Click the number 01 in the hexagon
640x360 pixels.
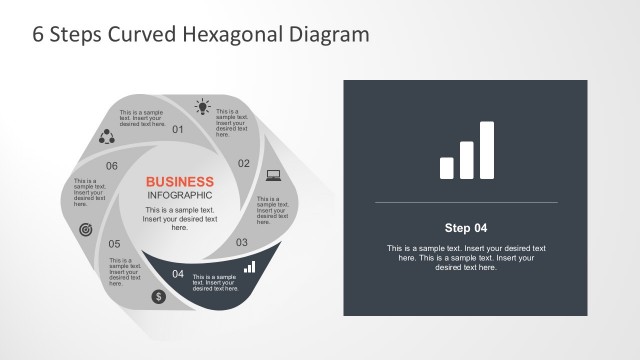pos(179,130)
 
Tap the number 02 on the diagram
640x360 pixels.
pos(243,163)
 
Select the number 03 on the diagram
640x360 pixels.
pos(241,242)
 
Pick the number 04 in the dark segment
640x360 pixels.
pos(178,274)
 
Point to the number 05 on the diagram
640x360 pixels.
pos(115,244)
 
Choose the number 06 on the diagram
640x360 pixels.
pos(112,166)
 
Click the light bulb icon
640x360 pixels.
pos(204,107)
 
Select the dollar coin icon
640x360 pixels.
pos(158,296)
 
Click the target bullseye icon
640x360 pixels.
pos(85,229)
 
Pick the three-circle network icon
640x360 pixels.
pos(105,137)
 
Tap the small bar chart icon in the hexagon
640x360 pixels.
pos(249,267)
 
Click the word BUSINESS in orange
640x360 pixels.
pos(180,182)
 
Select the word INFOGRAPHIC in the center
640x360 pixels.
pos(180,195)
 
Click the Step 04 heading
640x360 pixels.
pos(466,227)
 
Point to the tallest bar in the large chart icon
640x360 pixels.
pos(486,150)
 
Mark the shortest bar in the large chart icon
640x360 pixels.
pos(447,167)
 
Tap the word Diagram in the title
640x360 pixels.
pos(331,35)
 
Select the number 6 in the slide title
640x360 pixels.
pos(39,35)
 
